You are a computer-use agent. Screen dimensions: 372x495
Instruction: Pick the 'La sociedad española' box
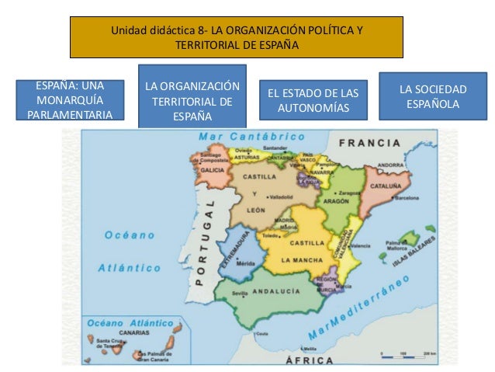432,96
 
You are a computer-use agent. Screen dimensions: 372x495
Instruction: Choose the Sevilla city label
240,293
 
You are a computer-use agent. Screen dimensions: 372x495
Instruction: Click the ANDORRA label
390,165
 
